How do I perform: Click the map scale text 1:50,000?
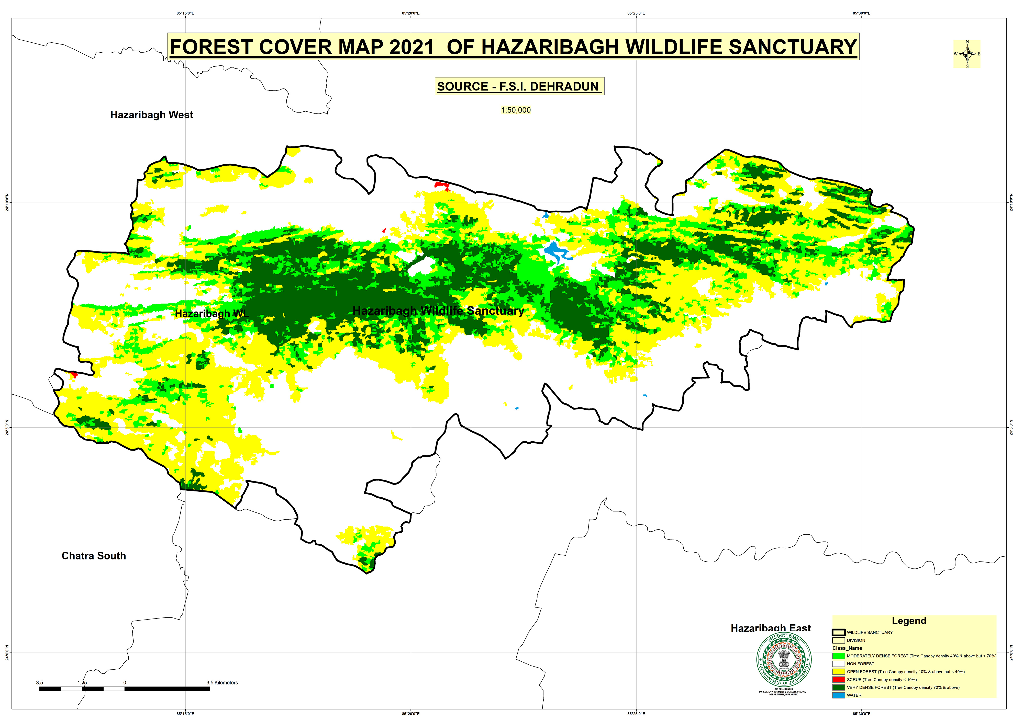[x=516, y=110]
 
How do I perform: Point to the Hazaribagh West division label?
[x=151, y=115]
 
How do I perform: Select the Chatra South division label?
[x=94, y=556]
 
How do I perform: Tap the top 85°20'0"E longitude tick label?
[x=410, y=13]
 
